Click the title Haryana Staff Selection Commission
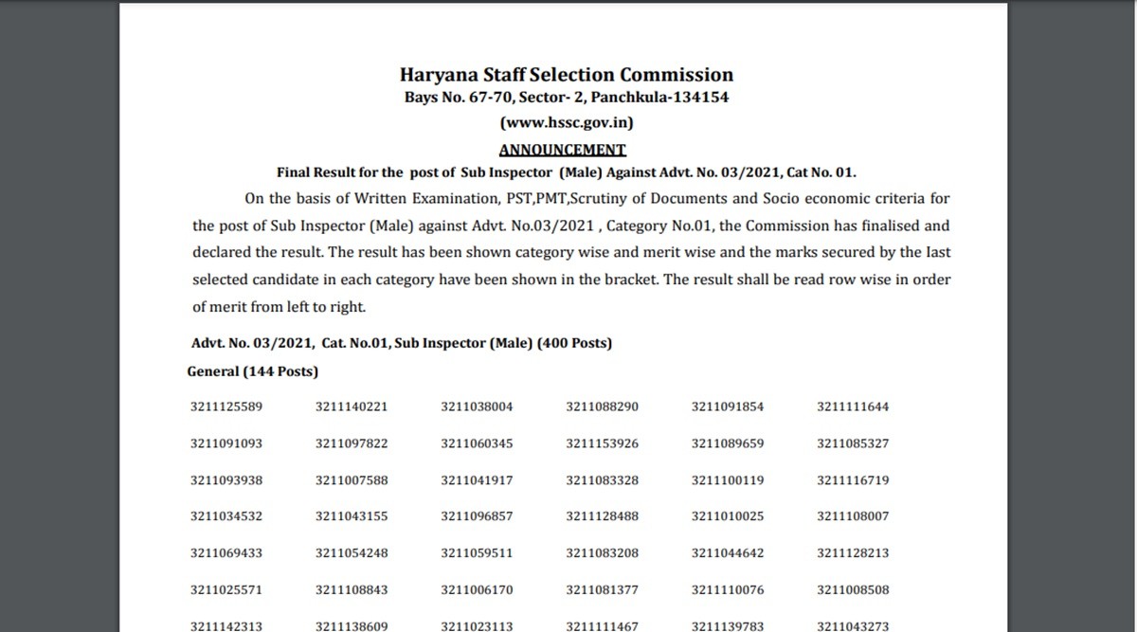tap(567, 75)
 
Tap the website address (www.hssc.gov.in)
tap(567, 122)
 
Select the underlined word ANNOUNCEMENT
tap(563, 149)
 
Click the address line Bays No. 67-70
tap(567, 98)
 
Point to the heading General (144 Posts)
tap(252, 371)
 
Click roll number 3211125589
tap(226, 407)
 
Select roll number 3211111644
tap(853, 407)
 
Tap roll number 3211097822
tap(352, 443)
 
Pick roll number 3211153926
tap(603, 443)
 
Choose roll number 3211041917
tap(477, 480)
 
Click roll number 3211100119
tap(728, 480)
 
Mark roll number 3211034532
tap(226, 517)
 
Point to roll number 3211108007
tap(853, 517)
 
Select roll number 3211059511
tap(477, 553)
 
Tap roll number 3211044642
tap(728, 553)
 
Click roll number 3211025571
tap(226, 590)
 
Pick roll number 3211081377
tap(603, 590)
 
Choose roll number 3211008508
tap(853, 590)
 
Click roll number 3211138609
tap(352, 625)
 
